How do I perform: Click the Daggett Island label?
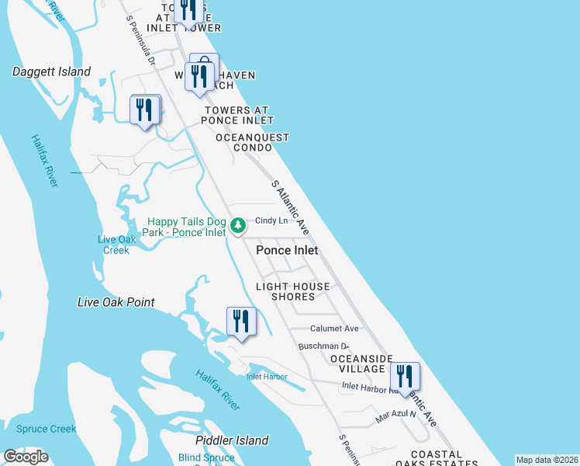click(x=51, y=72)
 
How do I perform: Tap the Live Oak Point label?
click(x=116, y=302)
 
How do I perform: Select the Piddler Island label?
click(x=232, y=440)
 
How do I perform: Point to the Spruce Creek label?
click(x=41, y=429)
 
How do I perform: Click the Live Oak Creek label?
click(x=116, y=245)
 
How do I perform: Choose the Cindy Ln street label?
click(x=271, y=221)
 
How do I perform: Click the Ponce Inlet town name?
click(x=287, y=250)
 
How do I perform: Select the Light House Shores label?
click(x=293, y=291)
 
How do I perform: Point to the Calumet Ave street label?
click(x=334, y=329)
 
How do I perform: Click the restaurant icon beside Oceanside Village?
click(x=405, y=377)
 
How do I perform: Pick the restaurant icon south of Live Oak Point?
click(x=241, y=322)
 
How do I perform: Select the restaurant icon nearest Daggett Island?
click(x=144, y=110)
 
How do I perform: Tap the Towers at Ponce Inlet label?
click(x=237, y=115)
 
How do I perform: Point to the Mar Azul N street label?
click(x=395, y=416)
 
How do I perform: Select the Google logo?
click(x=26, y=457)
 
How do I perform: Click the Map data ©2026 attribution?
click(x=546, y=460)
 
